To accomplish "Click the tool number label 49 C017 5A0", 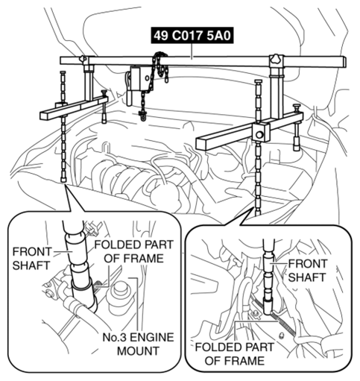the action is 192,36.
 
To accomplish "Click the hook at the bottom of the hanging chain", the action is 143,116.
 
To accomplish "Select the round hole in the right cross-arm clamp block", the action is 259,135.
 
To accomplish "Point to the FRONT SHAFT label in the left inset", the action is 31,259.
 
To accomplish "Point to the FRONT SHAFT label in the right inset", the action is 307,271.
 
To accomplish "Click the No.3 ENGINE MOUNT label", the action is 138,344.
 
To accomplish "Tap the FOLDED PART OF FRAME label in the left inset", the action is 133,251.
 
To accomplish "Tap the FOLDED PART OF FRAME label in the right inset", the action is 234,353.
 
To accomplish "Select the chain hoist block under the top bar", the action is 136,79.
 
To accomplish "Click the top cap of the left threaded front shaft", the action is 63,72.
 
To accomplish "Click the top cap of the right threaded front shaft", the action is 259,82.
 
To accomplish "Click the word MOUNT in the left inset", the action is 138,351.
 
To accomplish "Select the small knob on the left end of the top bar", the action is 82,59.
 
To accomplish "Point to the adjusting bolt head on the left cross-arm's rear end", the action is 104,92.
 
